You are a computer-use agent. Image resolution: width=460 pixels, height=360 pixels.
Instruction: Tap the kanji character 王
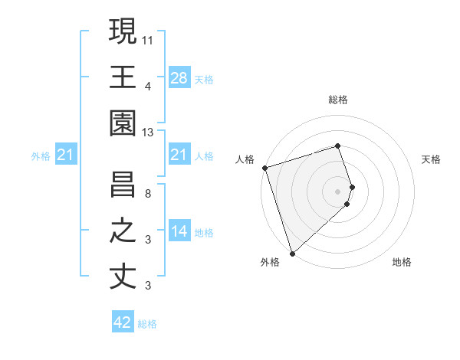click(123, 77)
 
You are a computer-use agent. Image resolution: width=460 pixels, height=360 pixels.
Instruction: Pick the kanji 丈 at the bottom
click(123, 277)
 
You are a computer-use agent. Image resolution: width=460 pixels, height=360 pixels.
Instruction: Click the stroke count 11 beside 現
click(148, 39)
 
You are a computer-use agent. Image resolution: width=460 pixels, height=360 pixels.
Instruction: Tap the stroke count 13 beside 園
click(148, 133)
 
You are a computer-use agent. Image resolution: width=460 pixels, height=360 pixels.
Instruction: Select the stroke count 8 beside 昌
click(148, 192)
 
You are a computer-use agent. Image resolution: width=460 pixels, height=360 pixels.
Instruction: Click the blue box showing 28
click(179, 78)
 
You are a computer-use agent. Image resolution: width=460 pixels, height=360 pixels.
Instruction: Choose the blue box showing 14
click(179, 231)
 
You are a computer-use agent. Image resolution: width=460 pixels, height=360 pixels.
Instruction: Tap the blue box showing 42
click(123, 322)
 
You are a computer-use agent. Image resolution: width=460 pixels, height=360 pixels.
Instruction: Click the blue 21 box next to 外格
click(66, 155)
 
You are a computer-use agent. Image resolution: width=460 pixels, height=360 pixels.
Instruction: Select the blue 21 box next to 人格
click(179, 155)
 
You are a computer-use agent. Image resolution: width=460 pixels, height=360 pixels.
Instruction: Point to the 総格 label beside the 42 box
click(147, 324)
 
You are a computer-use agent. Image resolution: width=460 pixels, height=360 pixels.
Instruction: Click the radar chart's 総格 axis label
click(338, 100)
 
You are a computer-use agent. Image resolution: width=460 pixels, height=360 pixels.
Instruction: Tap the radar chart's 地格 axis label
click(402, 262)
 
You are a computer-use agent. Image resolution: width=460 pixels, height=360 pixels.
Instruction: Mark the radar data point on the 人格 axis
click(264, 168)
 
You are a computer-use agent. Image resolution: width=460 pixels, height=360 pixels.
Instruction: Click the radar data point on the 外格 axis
click(292, 253)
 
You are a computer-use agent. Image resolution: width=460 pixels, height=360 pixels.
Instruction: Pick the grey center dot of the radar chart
click(338, 191)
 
